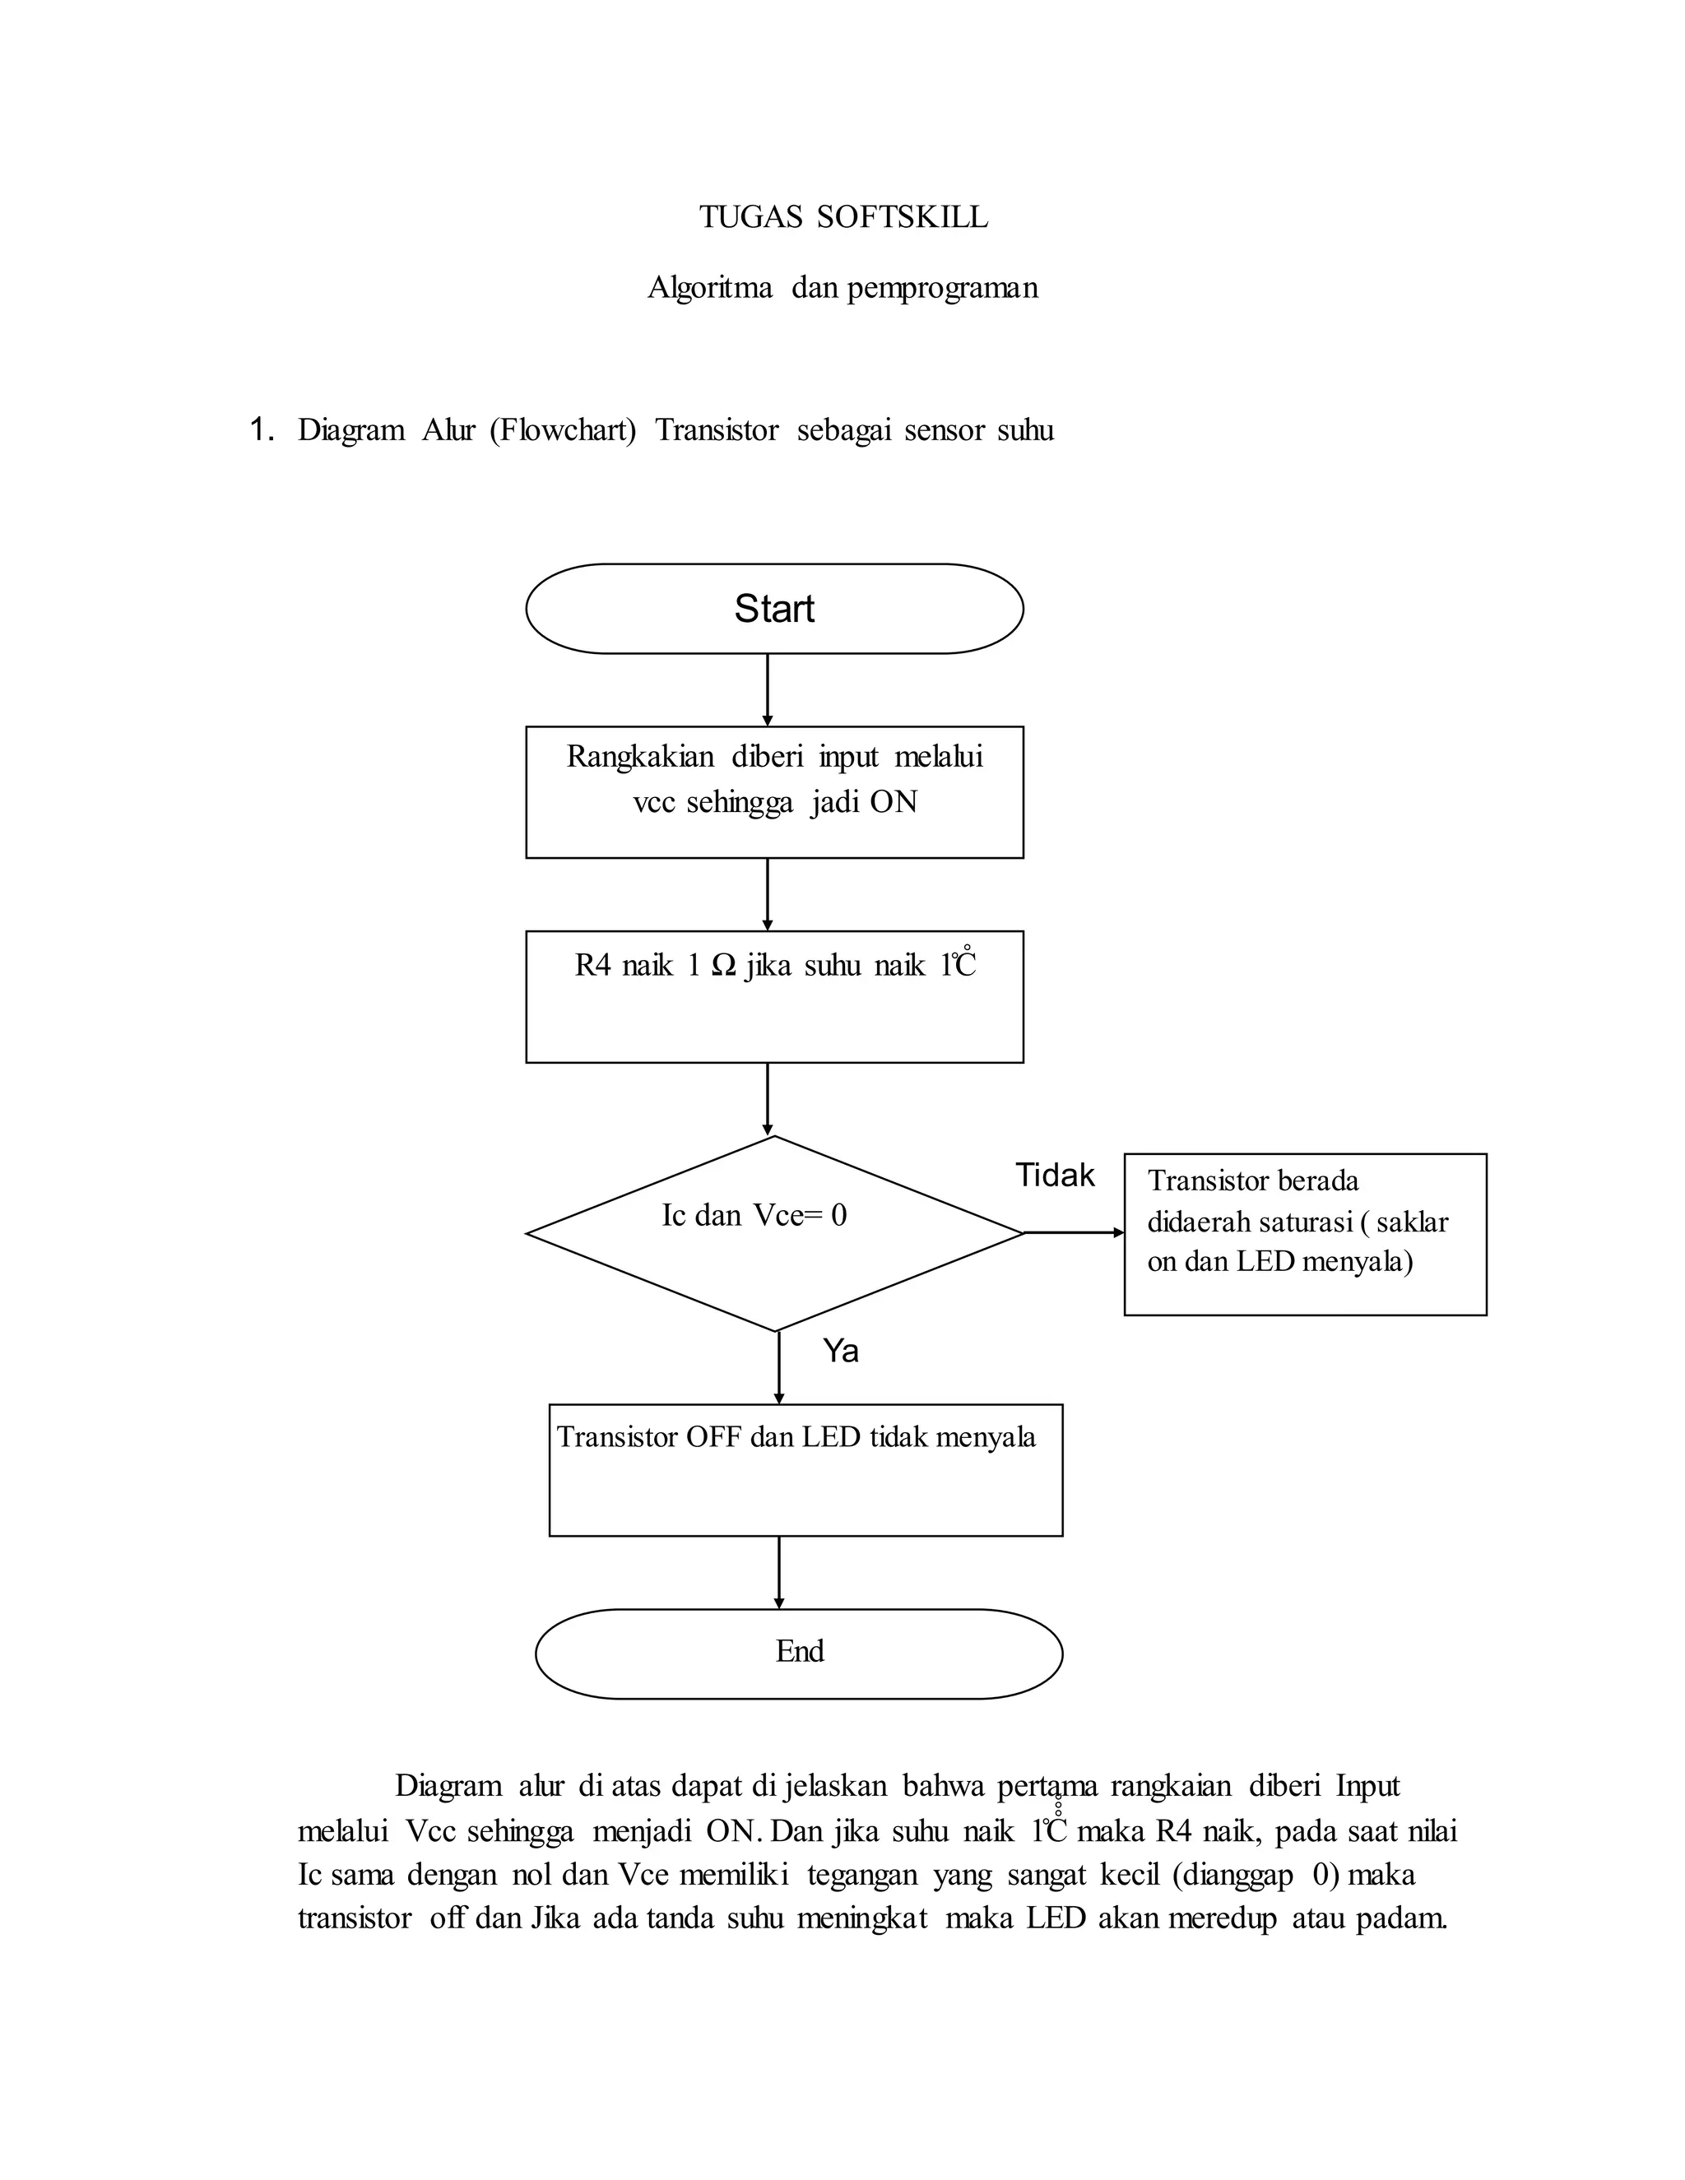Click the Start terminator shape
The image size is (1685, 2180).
(x=773, y=609)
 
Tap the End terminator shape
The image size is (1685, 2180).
(x=799, y=1653)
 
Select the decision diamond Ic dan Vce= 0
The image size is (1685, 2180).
(x=773, y=1234)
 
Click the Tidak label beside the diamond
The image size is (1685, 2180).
(x=1054, y=1175)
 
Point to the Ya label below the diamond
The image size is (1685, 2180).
(x=841, y=1351)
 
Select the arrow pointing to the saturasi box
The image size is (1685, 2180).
(x=1074, y=1233)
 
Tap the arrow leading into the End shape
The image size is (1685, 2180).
(x=778, y=1572)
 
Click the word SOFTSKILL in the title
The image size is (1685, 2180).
(x=903, y=216)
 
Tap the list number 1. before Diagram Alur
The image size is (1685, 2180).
(x=262, y=430)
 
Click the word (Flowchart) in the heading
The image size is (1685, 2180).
(x=562, y=430)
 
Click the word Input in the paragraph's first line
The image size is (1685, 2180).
(x=1367, y=1786)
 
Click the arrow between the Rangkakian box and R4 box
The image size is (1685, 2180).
(x=767, y=894)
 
